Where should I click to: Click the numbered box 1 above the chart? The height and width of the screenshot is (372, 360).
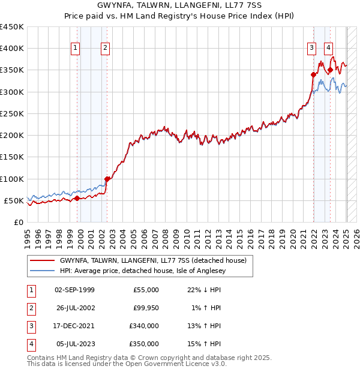tap(76, 49)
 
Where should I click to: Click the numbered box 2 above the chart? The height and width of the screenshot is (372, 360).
tap(105, 49)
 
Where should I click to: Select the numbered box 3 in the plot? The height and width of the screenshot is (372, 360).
tap(312, 49)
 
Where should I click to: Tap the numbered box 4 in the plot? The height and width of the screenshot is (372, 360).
tap(329, 49)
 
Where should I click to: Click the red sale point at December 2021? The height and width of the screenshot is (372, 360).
tap(313, 74)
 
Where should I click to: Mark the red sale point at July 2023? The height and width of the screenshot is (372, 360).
tap(330, 70)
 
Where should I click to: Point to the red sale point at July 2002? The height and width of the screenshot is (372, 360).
tap(107, 179)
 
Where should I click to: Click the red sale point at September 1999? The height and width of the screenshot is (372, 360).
tap(77, 198)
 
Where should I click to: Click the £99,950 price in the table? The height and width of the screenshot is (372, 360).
tap(146, 308)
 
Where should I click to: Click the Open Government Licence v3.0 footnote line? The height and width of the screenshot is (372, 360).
tap(127, 364)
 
